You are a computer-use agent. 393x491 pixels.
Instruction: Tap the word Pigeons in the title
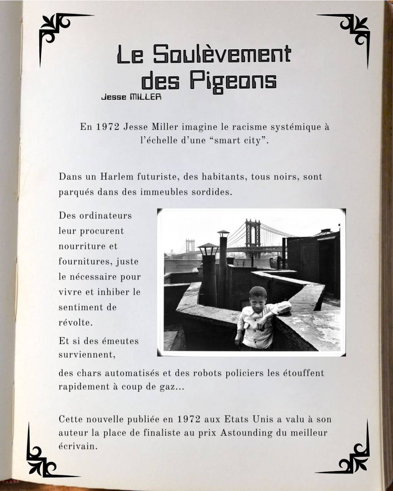point(233,80)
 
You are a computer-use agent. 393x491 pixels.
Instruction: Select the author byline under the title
point(132,97)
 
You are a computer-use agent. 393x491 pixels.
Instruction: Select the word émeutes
point(121,341)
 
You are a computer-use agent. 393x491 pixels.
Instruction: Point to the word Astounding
point(246,433)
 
